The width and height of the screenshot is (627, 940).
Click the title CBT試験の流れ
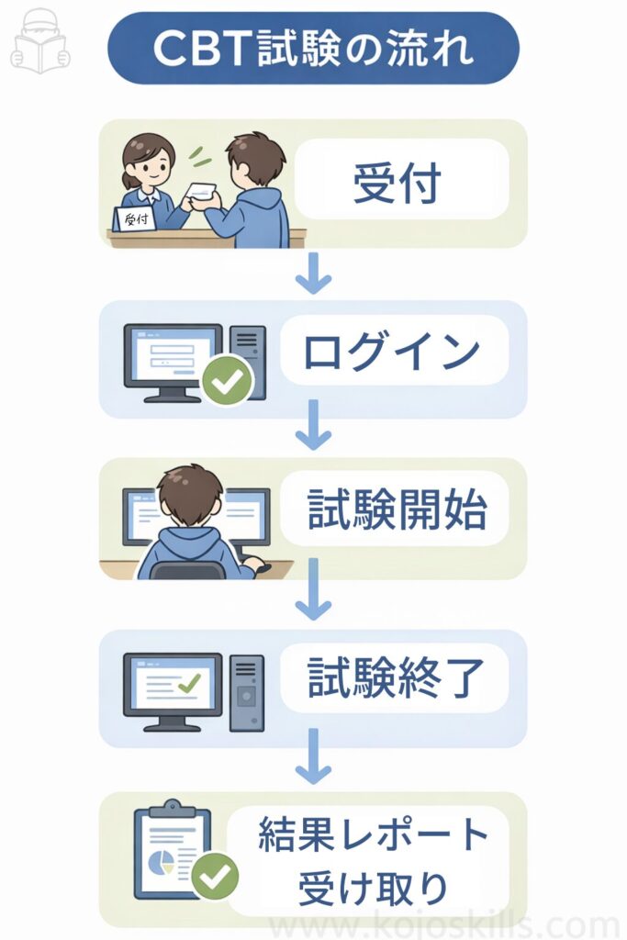pyautogui.click(x=313, y=49)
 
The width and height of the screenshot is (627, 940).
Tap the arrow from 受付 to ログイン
pyautogui.click(x=313, y=274)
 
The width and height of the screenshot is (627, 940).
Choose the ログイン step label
pyautogui.click(x=393, y=352)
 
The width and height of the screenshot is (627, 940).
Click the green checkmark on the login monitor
pyautogui.click(x=227, y=380)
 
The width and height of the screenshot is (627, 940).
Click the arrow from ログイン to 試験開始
pyautogui.click(x=313, y=425)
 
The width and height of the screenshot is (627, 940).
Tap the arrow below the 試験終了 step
pyautogui.click(x=313, y=757)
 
